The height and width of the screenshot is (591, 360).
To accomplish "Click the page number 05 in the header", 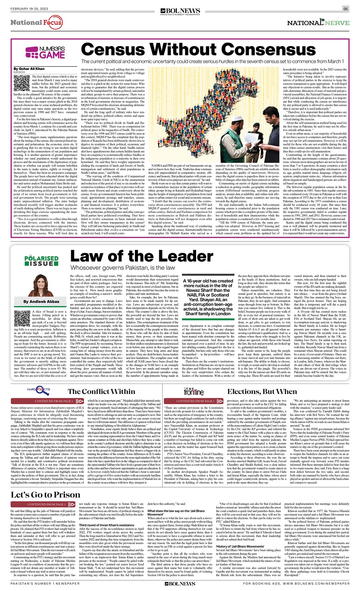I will pos(346,8).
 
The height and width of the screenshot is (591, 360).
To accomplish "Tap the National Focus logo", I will pos(36,22).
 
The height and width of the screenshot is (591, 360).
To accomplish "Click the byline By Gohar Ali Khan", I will pos(28,68).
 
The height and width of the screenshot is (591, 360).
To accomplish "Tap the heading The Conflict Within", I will pos(102,391).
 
